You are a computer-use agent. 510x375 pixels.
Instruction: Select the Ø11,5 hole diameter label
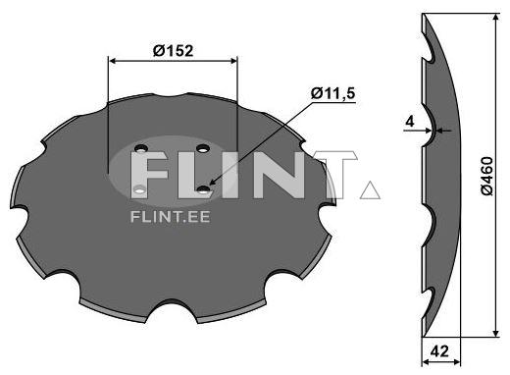(x=332, y=93)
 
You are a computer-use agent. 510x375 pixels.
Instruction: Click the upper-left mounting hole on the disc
(x=139, y=149)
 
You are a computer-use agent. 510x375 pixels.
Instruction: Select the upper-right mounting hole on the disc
(x=202, y=148)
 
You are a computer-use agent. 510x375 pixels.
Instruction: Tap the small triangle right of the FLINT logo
(x=370, y=189)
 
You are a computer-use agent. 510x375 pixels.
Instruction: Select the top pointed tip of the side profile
(x=423, y=14)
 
